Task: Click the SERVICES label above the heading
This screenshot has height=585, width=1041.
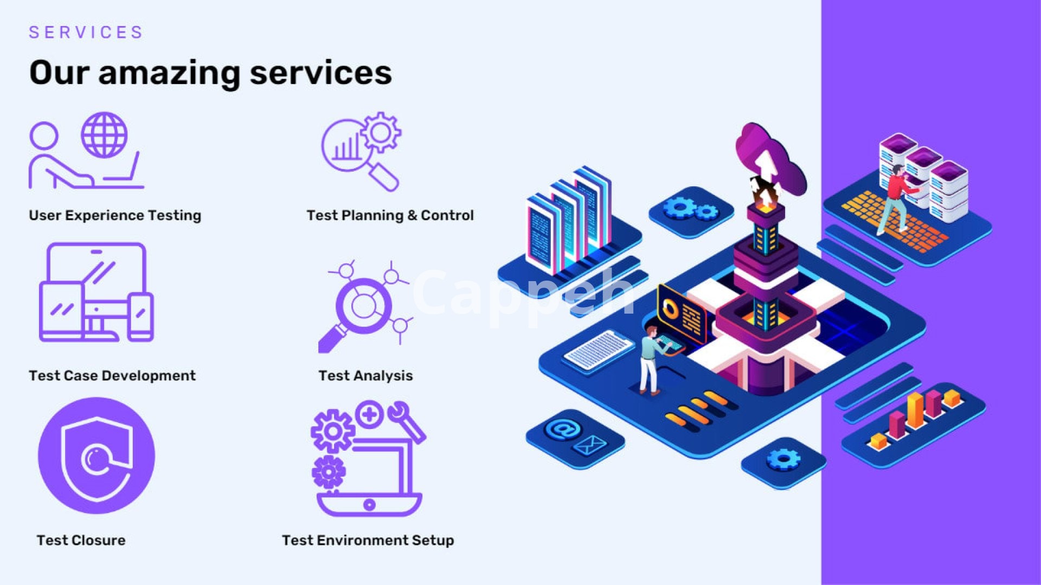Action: (86, 32)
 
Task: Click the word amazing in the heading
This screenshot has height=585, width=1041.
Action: (169, 73)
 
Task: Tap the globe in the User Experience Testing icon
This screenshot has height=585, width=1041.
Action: (104, 135)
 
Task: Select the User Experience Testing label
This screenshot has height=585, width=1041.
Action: (115, 215)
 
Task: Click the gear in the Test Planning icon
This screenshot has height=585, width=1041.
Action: (381, 132)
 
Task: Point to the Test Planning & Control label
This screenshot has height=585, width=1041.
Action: (390, 215)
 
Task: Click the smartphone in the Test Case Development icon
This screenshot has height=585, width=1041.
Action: (141, 316)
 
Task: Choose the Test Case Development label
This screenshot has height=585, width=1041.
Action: (112, 375)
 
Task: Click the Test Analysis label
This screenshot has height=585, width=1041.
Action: (365, 375)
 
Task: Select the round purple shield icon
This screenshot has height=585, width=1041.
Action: (97, 456)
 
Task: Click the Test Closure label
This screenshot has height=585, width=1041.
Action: (81, 540)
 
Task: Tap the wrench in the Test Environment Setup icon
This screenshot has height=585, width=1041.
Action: (407, 420)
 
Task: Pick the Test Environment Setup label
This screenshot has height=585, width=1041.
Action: (368, 540)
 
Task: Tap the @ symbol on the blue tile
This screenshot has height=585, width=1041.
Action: (563, 430)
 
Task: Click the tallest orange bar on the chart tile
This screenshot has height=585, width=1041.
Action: (915, 410)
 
